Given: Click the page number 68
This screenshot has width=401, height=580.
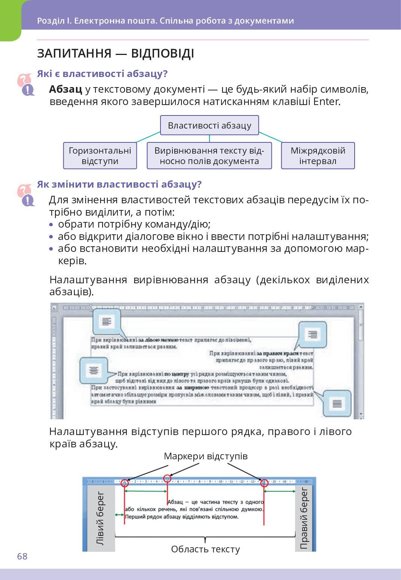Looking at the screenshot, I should [22, 556].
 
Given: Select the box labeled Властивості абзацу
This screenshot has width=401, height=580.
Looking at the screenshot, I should [209, 125].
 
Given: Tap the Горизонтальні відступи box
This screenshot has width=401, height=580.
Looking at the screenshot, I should [100, 155].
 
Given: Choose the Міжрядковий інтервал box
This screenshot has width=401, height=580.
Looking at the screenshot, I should [318, 155].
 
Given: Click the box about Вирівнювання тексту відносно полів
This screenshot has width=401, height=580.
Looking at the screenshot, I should [209, 155].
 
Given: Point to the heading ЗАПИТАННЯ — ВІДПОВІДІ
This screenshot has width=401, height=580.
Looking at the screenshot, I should [115, 53].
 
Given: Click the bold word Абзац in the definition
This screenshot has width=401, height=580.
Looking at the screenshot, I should [65, 89].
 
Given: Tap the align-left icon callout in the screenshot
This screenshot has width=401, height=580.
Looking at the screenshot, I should [107, 321].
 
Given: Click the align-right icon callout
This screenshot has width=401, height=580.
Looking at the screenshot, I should [312, 334].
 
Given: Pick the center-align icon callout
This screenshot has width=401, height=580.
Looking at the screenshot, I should [94, 370].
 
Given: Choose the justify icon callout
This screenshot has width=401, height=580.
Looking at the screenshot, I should [337, 404].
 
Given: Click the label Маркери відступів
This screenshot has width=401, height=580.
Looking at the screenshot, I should [205, 456].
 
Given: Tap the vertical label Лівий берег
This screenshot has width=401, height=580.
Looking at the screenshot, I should [100, 518].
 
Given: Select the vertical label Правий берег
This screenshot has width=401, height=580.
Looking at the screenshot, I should [304, 518].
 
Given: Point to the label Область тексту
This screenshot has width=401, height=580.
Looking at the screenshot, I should [205, 549].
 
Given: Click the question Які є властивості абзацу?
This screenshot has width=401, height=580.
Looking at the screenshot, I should [102, 74].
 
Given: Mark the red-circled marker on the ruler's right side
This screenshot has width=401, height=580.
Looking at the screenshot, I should [264, 483].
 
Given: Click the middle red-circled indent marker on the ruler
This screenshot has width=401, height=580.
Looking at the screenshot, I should [167, 478].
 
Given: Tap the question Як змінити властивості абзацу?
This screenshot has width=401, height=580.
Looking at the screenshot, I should [119, 184].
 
